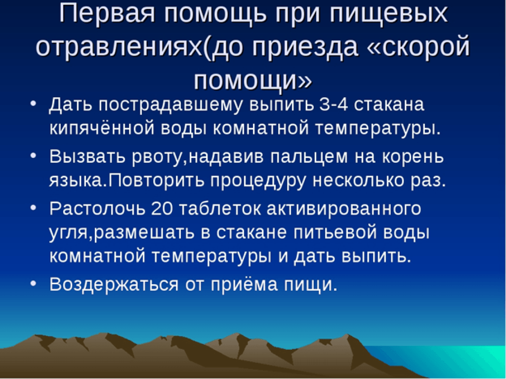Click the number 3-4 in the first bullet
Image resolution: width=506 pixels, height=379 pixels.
(x=334, y=105)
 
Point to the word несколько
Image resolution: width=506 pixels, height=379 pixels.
(x=358, y=181)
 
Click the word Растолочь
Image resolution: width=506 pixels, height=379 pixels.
(x=97, y=209)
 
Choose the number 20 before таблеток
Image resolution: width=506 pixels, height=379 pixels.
(x=162, y=209)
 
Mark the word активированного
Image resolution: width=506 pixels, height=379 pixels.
(x=344, y=209)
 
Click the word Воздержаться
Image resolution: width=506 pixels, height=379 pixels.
(x=114, y=285)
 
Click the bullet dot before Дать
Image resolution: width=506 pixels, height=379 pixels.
(x=33, y=105)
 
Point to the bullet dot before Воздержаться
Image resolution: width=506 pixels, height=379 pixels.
(x=33, y=284)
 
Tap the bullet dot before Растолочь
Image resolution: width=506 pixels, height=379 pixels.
(x=33, y=208)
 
